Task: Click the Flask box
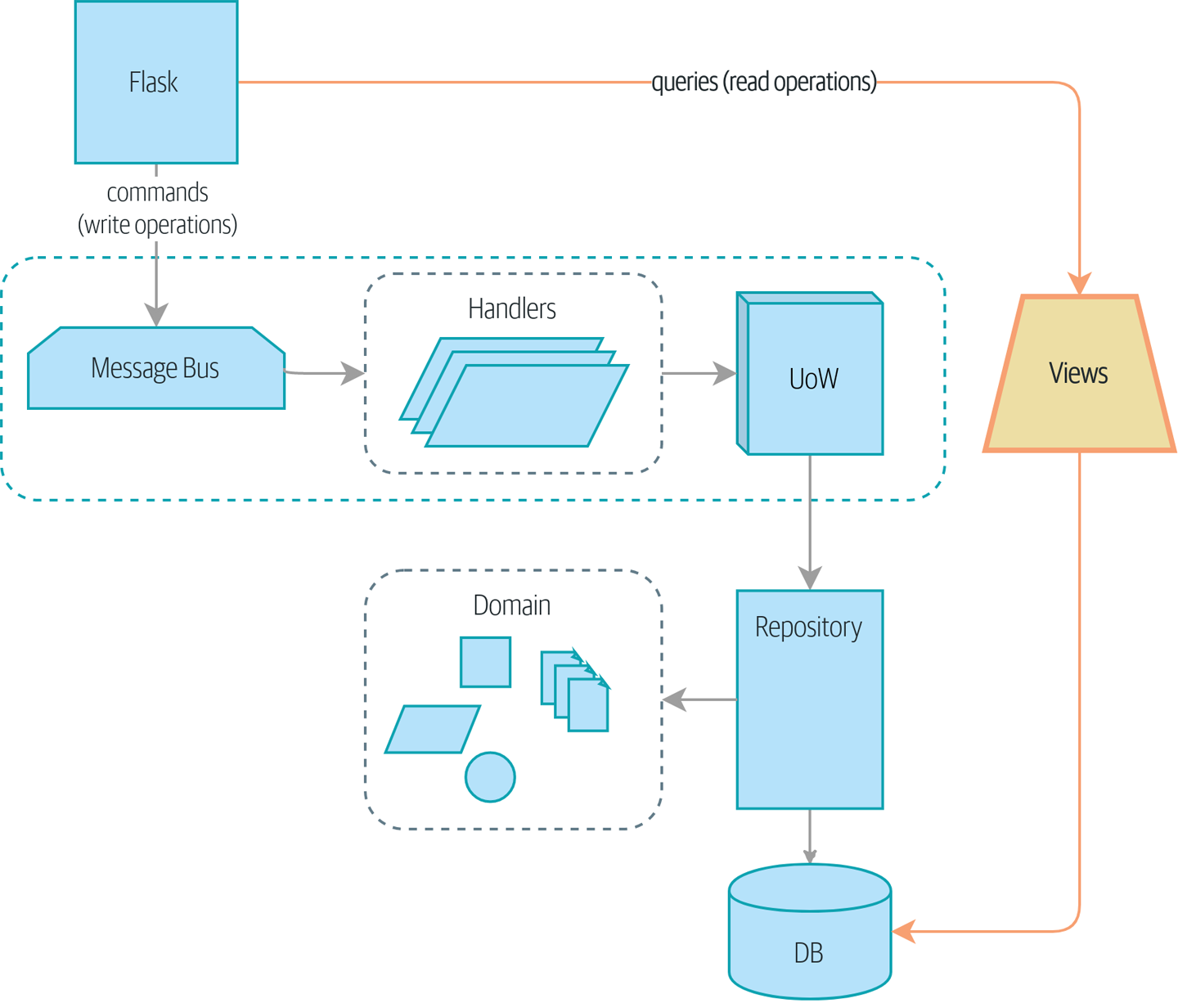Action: point(155,82)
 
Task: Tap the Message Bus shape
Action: point(155,368)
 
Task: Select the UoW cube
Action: point(813,376)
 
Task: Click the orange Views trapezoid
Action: point(1079,374)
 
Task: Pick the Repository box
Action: point(809,699)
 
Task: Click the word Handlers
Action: point(512,308)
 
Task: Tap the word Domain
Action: point(512,605)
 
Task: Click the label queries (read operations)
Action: point(764,82)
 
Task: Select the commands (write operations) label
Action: point(157,209)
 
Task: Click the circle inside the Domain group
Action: point(490,776)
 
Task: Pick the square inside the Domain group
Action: point(485,662)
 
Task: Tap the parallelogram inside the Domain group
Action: point(433,729)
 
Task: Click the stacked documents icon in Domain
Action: point(576,691)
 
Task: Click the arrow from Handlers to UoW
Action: point(699,373)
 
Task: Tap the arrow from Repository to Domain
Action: point(699,699)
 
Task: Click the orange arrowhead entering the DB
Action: point(904,931)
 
